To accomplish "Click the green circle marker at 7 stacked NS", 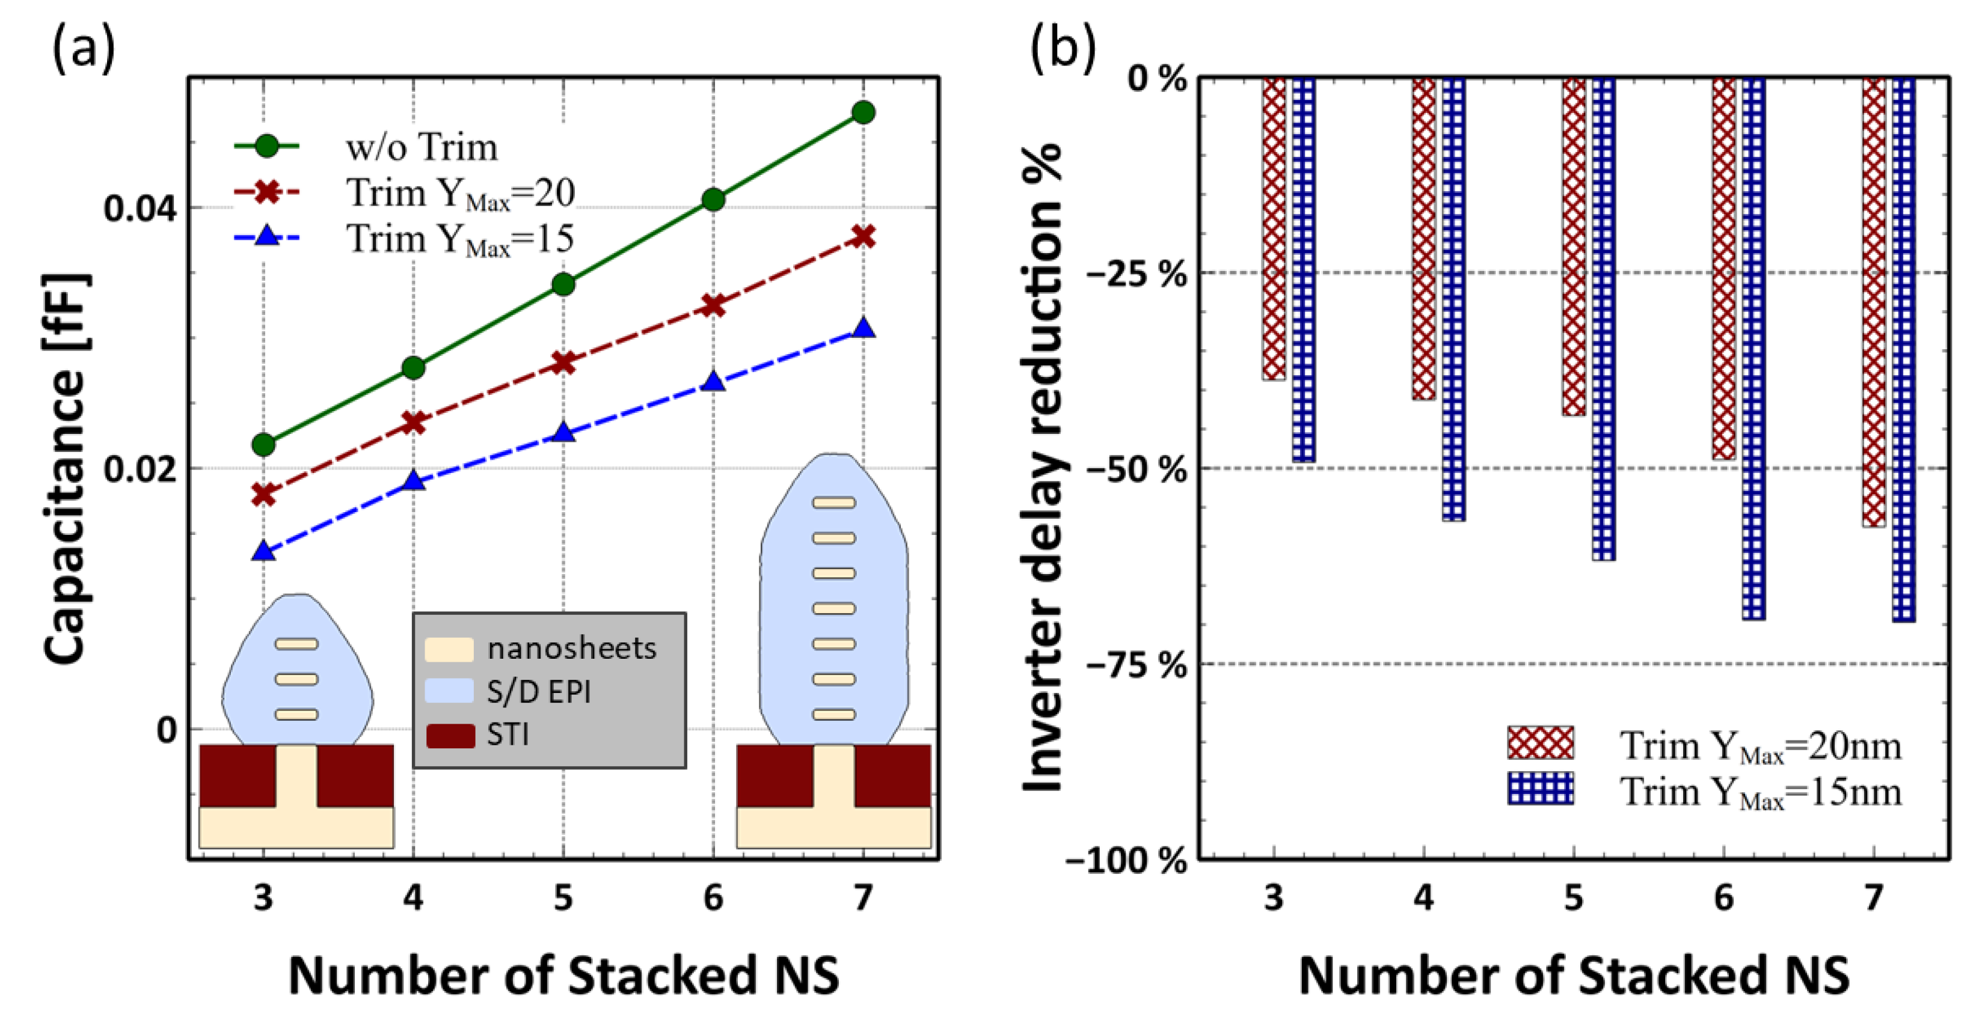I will (863, 113).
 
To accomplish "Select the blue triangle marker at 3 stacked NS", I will (264, 551).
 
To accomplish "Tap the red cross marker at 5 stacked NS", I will (563, 362).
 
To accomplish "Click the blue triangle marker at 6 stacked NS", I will (713, 381).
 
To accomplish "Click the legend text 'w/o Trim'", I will (421, 147).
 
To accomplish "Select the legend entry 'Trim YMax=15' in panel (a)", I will (459, 239).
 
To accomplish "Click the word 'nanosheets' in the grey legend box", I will (571, 649).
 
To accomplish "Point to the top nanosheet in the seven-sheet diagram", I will (834, 503).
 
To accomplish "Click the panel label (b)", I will (1063, 47).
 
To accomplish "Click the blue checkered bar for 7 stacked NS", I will (1903, 349).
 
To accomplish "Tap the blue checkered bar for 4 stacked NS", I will (1453, 299).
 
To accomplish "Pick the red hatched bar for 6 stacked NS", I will (1723, 269).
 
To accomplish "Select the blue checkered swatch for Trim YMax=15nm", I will (1539, 789).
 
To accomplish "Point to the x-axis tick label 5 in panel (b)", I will (1573, 896).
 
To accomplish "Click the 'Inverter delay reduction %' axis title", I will (1043, 468).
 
